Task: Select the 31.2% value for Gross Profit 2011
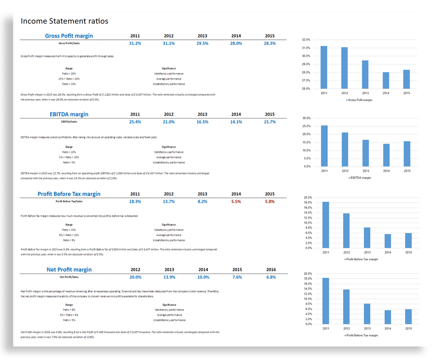pyautogui.click(x=135, y=43)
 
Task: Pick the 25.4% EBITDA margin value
pyautogui.click(x=135, y=122)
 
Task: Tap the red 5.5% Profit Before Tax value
pyautogui.click(x=236, y=201)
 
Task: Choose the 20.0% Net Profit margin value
pyautogui.click(x=136, y=277)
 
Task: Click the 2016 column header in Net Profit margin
pyautogui.click(x=271, y=269)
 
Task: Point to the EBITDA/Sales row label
pyautogui.click(x=69, y=122)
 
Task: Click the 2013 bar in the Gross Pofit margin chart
pyautogui.click(x=365, y=74)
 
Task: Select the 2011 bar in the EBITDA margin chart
pyautogui.click(x=324, y=146)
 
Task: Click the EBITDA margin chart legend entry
pyautogui.click(x=360, y=178)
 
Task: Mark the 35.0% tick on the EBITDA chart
pyautogui.click(x=306, y=118)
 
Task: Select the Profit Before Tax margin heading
pyautogui.click(x=69, y=194)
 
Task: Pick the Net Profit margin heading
pyautogui.click(x=69, y=269)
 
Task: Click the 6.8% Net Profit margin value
pyautogui.click(x=271, y=277)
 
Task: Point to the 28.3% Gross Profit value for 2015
pyautogui.click(x=270, y=43)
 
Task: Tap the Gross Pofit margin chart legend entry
pyautogui.click(x=359, y=99)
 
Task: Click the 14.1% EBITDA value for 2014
pyautogui.click(x=236, y=122)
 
